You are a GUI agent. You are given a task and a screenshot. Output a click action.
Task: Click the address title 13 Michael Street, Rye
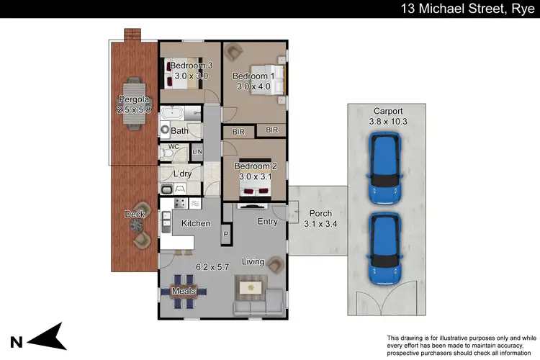click(469, 9)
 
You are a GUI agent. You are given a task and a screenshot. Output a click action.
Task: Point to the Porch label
click(320, 214)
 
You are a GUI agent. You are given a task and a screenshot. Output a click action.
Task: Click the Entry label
click(267, 222)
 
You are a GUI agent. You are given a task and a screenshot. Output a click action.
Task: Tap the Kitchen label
click(195, 224)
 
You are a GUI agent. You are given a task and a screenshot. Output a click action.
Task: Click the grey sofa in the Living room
click(257, 307)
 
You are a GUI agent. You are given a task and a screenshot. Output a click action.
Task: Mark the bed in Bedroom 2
click(256, 189)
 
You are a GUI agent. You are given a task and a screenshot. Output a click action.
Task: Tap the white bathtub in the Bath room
click(173, 114)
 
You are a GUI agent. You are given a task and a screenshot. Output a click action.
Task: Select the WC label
click(173, 147)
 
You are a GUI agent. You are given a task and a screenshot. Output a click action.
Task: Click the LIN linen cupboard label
click(197, 152)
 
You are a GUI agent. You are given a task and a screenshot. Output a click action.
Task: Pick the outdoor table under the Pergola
click(134, 103)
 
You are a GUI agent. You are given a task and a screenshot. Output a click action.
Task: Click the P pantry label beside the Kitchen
click(225, 235)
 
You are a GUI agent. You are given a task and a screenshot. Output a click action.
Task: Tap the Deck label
click(135, 215)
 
